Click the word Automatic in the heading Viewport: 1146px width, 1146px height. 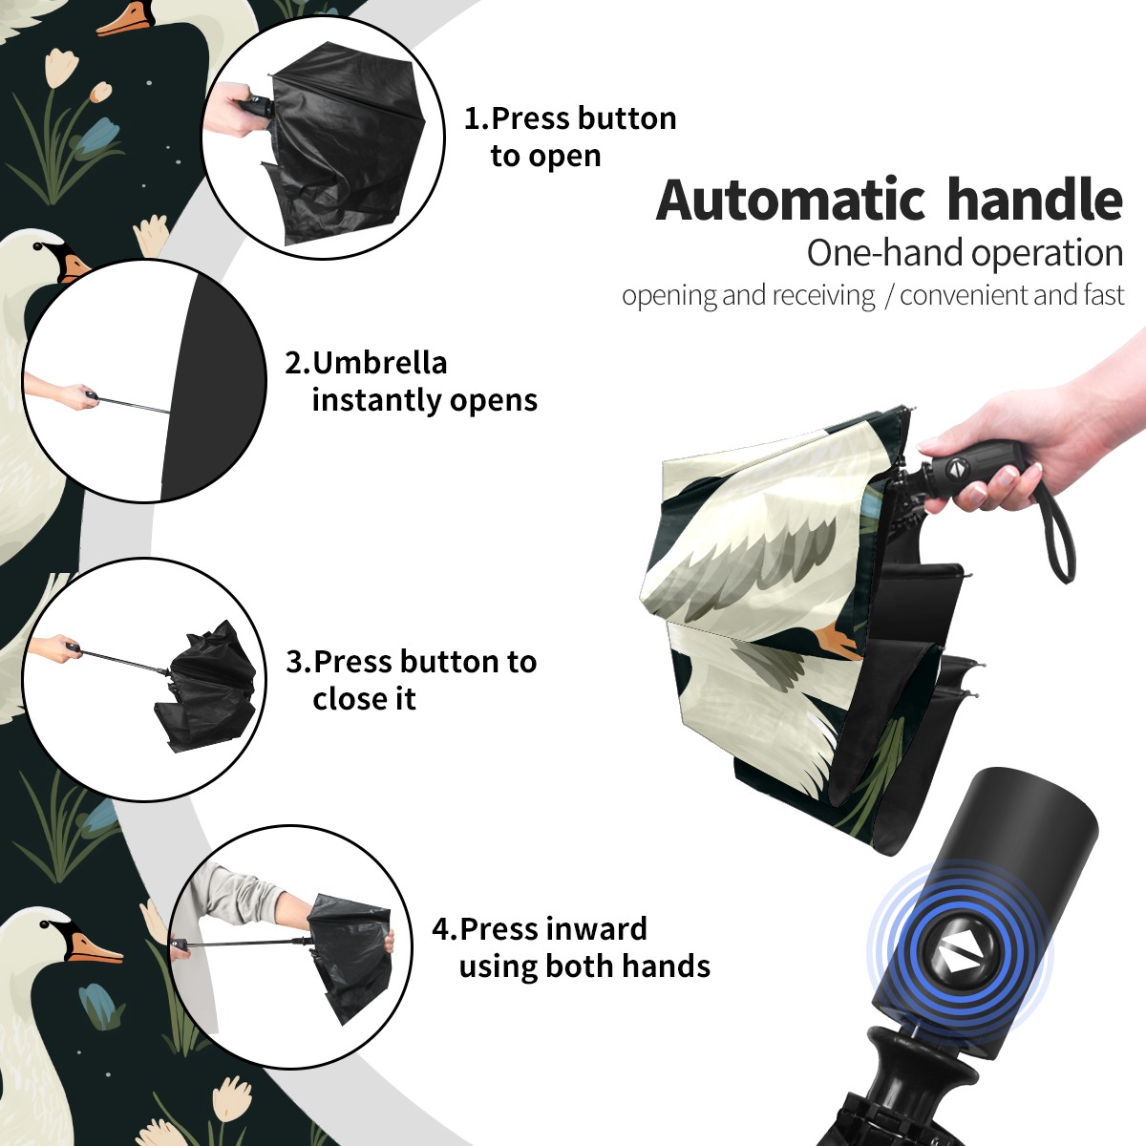point(791,200)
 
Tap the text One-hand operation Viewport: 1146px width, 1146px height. point(965,254)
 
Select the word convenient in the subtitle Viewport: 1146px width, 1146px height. point(964,295)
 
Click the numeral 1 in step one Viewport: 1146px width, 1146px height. point(471,119)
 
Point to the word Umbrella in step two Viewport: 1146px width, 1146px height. point(379,363)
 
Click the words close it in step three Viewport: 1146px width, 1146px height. point(364,698)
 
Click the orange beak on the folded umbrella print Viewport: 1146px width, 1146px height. point(838,643)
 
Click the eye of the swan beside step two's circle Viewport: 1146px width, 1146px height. point(39,246)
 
